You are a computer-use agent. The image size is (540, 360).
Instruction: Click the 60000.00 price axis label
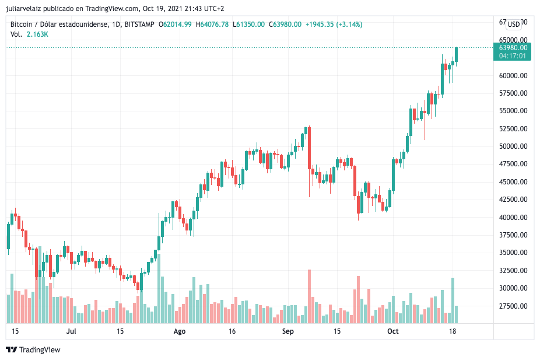(513, 75)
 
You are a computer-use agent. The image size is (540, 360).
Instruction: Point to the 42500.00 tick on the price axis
(513, 200)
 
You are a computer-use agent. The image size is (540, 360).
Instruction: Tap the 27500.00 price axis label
(513, 306)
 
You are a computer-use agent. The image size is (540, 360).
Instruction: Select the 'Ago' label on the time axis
(180, 331)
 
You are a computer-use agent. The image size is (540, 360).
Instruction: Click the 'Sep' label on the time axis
(287, 331)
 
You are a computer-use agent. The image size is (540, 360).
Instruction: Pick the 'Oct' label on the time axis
(393, 331)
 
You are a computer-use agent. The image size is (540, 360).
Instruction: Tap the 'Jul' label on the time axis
(72, 331)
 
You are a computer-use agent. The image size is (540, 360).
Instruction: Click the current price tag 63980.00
(513, 48)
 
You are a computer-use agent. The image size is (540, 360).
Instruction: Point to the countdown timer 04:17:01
(513, 56)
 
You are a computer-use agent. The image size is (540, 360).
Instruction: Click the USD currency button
(513, 24)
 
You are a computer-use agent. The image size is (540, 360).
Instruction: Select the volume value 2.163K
(37, 34)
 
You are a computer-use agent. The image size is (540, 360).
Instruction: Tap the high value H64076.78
(213, 25)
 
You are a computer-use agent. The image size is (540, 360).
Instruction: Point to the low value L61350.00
(248, 25)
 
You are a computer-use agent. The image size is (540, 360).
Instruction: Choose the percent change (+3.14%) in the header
(348, 25)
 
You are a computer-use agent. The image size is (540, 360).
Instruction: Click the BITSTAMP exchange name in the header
(140, 25)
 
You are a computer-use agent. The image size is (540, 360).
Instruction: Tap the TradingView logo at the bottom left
(33, 349)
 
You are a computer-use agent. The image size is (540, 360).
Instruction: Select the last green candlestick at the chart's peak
(457, 54)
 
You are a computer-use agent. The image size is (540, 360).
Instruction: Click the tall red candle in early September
(309, 148)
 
